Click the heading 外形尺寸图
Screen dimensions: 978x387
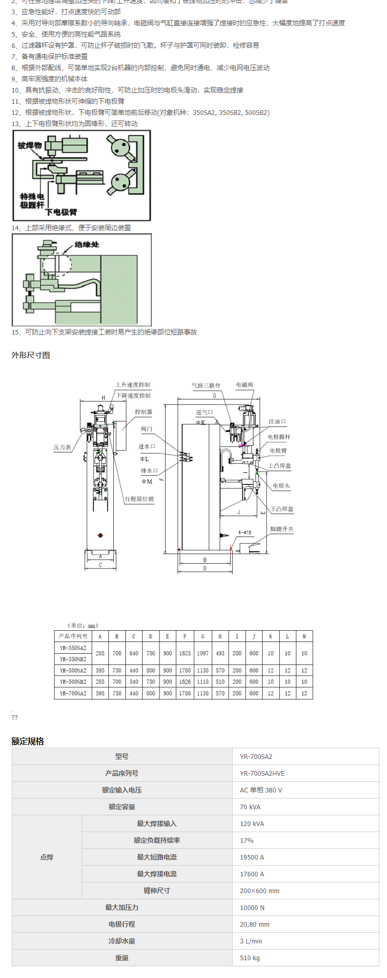[31, 355]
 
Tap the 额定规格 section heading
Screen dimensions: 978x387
[28, 741]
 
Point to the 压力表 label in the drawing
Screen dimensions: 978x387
[62, 447]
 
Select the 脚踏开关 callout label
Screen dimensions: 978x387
[281, 529]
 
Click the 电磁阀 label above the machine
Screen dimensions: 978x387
[244, 385]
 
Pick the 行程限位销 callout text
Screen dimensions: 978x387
[139, 499]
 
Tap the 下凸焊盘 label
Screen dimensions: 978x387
[282, 509]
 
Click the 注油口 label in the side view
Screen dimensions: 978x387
[277, 421]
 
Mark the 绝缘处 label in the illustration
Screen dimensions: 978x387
[87, 244]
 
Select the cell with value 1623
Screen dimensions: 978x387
[185, 653]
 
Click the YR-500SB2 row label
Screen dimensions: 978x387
[73, 682]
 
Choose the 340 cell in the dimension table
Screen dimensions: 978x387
[134, 682]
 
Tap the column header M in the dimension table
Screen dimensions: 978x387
[304, 636]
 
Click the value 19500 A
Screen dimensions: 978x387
[252, 857]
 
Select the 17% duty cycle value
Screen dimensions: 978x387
[247, 840]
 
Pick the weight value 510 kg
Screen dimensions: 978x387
[250, 958]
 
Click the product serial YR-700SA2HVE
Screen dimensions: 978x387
[262, 773]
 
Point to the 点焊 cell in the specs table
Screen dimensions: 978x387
[47, 857]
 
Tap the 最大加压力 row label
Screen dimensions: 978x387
[122, 907]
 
